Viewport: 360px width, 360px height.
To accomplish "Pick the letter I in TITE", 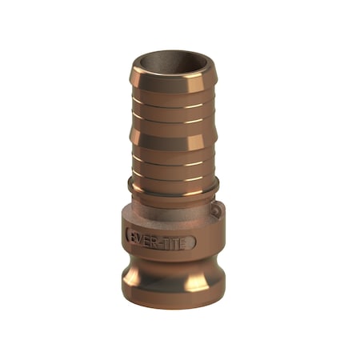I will [174, 240].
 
